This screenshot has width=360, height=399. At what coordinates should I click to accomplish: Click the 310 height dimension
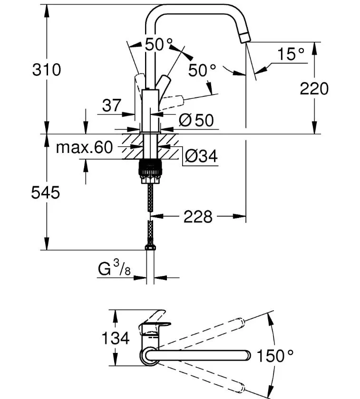click(x=47, y=70)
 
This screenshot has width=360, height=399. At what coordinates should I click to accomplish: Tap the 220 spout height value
click(x=314, y=89)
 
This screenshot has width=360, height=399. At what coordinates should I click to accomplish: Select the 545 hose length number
click(x=46, y=192)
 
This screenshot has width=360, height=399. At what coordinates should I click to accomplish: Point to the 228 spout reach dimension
click(x=198, y=217)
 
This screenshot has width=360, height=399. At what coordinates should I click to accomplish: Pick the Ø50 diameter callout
click(x=196, y=120)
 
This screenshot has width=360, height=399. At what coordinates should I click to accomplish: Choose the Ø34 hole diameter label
click(x=201, y=156)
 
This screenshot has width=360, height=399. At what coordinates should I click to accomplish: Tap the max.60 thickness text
click(x=84, y=147)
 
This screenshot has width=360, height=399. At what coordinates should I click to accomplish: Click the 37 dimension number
click(x=112, y=105)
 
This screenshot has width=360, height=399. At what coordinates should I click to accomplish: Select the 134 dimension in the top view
click(x=116, y=338)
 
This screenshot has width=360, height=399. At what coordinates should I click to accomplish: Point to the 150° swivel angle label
click(x=275, y=355)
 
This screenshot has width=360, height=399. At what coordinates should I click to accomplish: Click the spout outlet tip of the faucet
click(x=245, y=38)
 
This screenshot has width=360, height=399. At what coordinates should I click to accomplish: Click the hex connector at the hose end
click(x=150, y=247)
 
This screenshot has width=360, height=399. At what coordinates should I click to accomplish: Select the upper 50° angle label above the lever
click(x=158, y=45)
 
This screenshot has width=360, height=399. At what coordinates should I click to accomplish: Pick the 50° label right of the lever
click(x=202, y=70)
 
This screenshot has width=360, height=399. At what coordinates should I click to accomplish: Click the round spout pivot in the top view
click(x=149, y=355)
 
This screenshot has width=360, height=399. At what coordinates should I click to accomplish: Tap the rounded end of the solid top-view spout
click(x=247, y=355)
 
